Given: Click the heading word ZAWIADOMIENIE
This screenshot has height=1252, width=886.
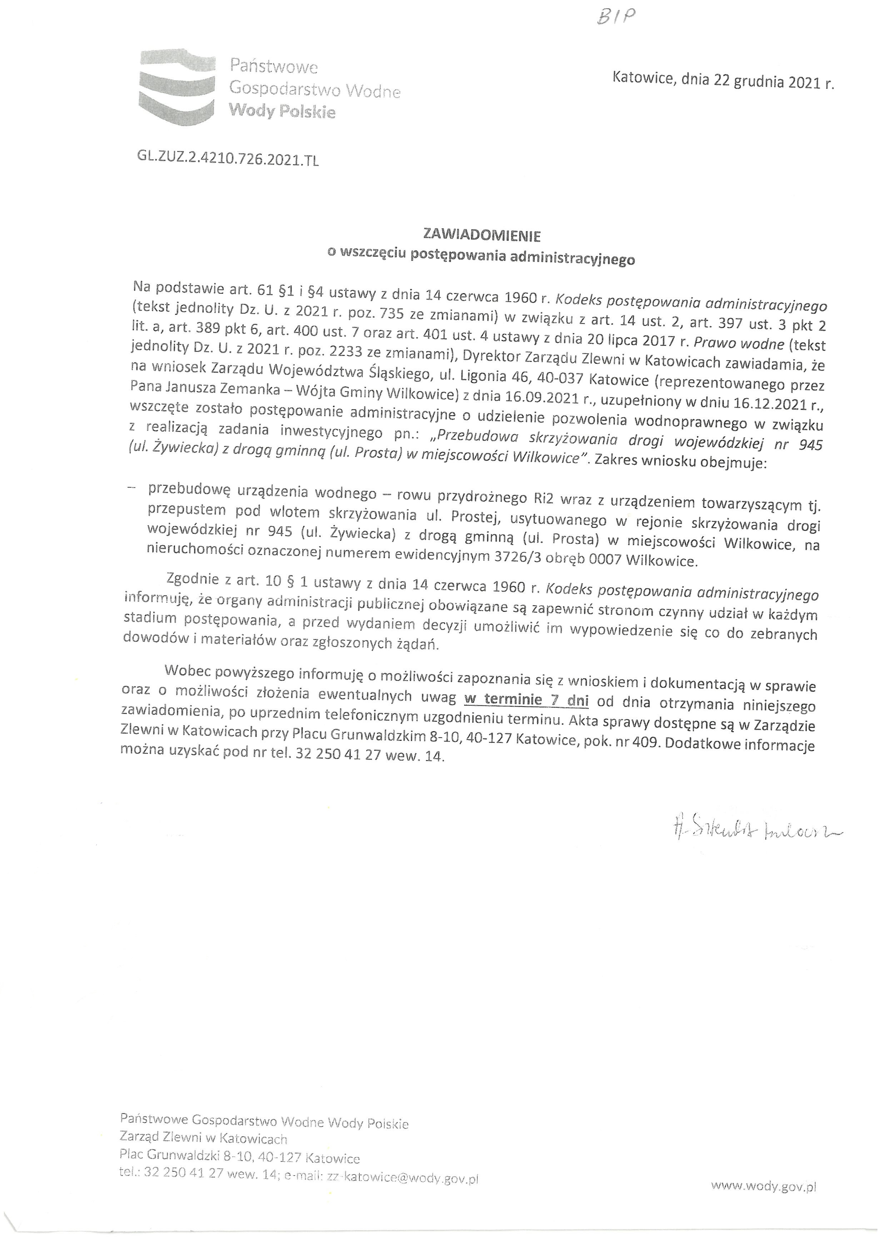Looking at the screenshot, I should tap(482, 236).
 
